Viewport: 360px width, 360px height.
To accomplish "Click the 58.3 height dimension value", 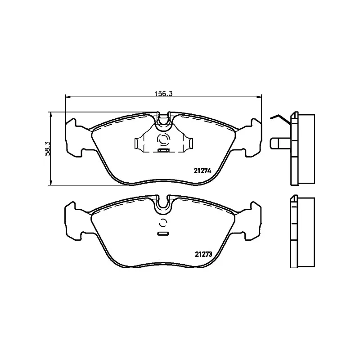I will [x=47, y=148].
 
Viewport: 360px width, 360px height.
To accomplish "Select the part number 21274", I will [x=202, y=170].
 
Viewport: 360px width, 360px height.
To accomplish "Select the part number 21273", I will [x=203, y=254].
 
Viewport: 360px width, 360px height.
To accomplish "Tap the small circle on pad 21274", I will [x=163, y=139].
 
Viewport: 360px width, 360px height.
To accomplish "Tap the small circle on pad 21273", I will [x=163, y=222].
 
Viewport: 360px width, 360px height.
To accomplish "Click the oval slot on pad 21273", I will [x=163, y=234].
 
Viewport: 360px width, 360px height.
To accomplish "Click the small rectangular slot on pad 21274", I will [x=163, y=150].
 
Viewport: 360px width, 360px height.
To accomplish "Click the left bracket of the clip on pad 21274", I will [x=139, y=143].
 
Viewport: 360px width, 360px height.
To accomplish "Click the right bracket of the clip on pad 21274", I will [x=189, y=143].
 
